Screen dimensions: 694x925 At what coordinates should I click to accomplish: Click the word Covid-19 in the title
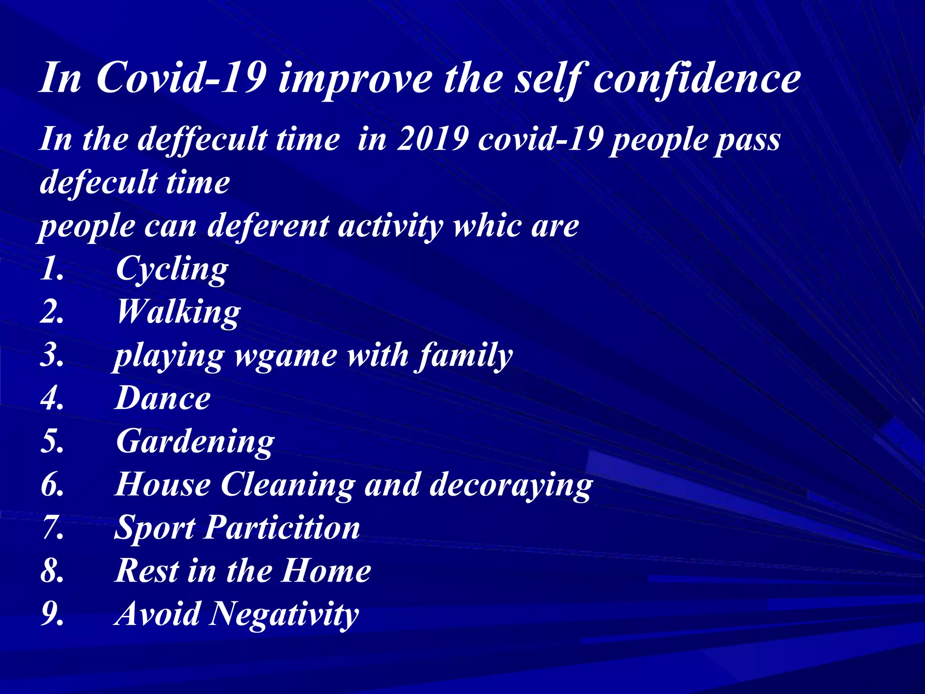181,78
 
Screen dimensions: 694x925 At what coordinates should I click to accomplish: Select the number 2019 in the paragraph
432,139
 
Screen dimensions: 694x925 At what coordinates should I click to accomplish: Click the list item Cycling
172,269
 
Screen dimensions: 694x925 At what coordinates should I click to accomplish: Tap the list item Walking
178,312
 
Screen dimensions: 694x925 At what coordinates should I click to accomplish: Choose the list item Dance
163,399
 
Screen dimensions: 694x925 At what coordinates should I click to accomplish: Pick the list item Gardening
195,442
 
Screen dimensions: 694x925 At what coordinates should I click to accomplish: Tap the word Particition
282,528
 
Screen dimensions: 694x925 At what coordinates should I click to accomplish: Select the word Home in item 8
326,571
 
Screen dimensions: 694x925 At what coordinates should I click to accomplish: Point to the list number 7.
52,528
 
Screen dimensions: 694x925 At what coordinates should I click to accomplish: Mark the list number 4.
52,399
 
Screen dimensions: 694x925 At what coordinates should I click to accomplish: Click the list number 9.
52,614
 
